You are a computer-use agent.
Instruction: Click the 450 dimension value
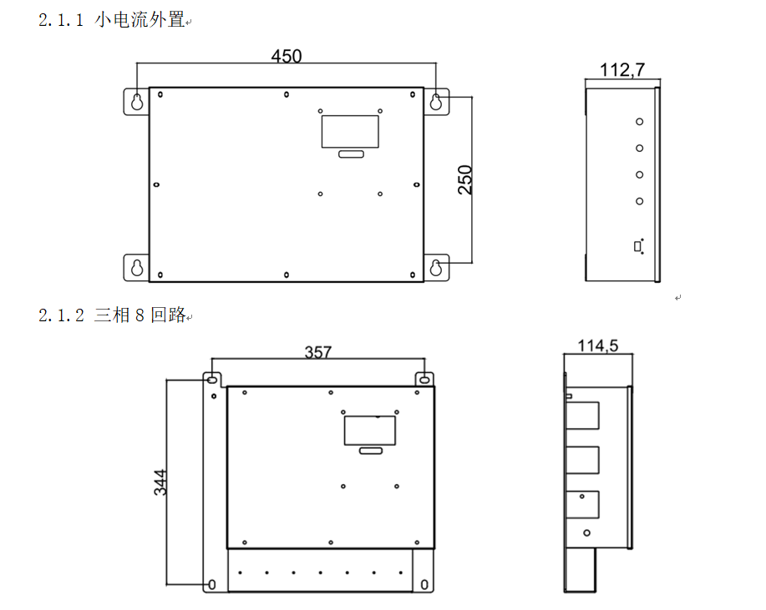287,56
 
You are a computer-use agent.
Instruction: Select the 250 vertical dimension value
465,180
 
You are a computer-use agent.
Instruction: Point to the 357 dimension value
318,352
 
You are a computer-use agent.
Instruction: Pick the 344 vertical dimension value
160,482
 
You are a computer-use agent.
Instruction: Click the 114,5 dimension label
598,345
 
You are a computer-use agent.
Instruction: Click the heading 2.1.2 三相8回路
112,315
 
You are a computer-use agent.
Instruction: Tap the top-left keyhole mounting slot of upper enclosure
136,101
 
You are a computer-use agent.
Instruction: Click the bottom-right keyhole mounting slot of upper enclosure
436,267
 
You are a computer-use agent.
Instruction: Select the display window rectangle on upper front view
350,131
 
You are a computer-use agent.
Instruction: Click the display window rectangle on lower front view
370,430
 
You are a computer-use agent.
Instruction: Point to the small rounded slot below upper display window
350,154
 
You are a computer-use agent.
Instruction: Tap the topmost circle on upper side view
639,121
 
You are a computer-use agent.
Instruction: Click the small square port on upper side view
638,245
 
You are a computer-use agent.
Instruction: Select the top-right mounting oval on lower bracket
424,380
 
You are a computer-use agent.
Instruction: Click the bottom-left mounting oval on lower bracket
212,583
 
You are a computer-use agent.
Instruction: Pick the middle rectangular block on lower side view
584,461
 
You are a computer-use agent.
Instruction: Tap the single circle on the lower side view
587,532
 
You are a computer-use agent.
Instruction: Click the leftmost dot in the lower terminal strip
241,572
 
